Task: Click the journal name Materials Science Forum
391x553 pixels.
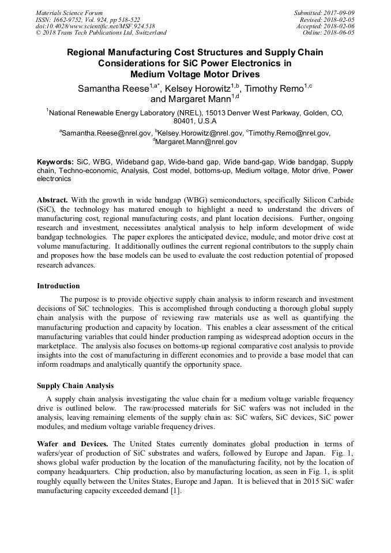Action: [x=69, y=13]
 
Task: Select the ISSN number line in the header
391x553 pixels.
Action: [x=87, y=20]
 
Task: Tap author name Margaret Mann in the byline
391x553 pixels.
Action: [x=195, y=99]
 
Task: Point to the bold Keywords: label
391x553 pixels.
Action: [x=55, y=163]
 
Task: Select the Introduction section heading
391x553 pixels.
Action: [x=58, y=286]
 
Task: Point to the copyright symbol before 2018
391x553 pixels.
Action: [x=38, y=33]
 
